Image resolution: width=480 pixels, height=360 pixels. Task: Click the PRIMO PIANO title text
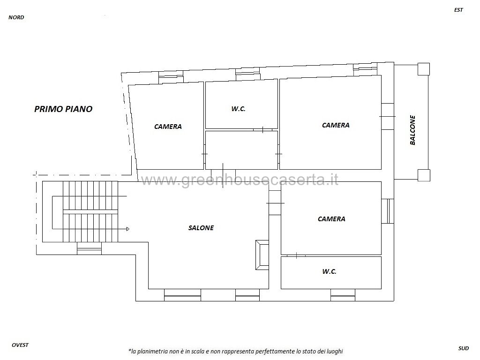coord(63,109)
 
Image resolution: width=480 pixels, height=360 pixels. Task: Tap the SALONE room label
coord(201,228)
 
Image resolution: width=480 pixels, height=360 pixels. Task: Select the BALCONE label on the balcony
coord(412,130)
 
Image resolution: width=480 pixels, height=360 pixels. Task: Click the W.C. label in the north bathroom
coord(239,109)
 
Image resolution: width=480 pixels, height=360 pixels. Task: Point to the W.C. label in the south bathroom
coord(330,271)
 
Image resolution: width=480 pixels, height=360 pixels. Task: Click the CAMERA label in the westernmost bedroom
coord(168,127)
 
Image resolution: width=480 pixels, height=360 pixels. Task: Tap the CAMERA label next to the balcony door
coord(336,125)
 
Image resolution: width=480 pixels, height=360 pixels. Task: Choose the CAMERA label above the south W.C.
coord(331,219)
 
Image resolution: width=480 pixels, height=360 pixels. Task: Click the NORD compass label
coord(16,17)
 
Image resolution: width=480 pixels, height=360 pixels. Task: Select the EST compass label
coord(458,10)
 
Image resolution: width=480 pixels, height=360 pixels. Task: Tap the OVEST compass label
coord(20,345)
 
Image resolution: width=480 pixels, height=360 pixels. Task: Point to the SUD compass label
coord(464,348)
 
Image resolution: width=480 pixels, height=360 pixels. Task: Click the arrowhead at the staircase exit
coord(127,229)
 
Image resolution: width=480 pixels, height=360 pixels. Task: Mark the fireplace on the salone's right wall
coord(262,255)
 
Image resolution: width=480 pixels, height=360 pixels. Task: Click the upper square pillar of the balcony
coord(424,69)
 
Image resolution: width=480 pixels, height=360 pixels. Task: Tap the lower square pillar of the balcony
coord(424,175)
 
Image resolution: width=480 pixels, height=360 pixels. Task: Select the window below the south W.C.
coord(343,295)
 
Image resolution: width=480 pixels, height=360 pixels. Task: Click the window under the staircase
coord(89,248)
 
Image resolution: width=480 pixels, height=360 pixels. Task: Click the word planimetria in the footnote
coord(151,352)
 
